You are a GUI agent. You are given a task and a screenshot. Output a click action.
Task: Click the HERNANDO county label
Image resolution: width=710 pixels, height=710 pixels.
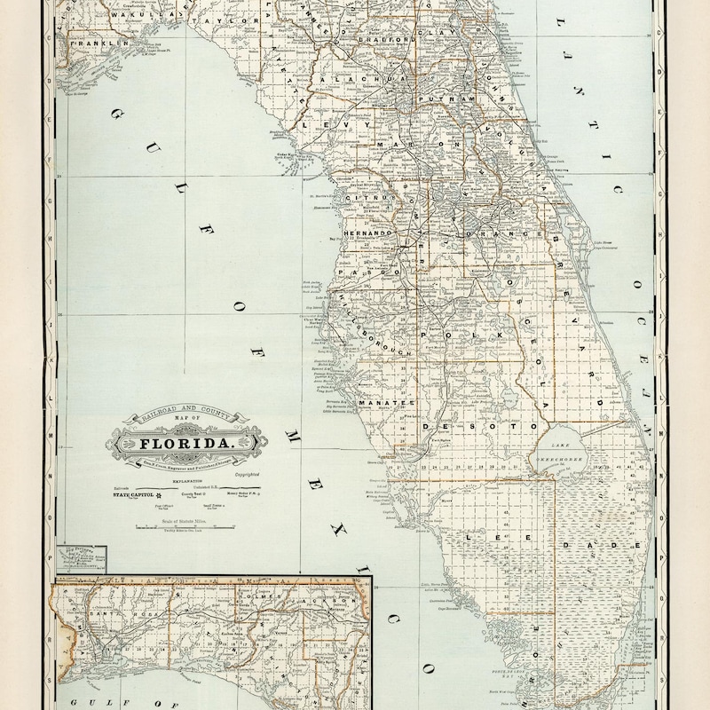(362, 233)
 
